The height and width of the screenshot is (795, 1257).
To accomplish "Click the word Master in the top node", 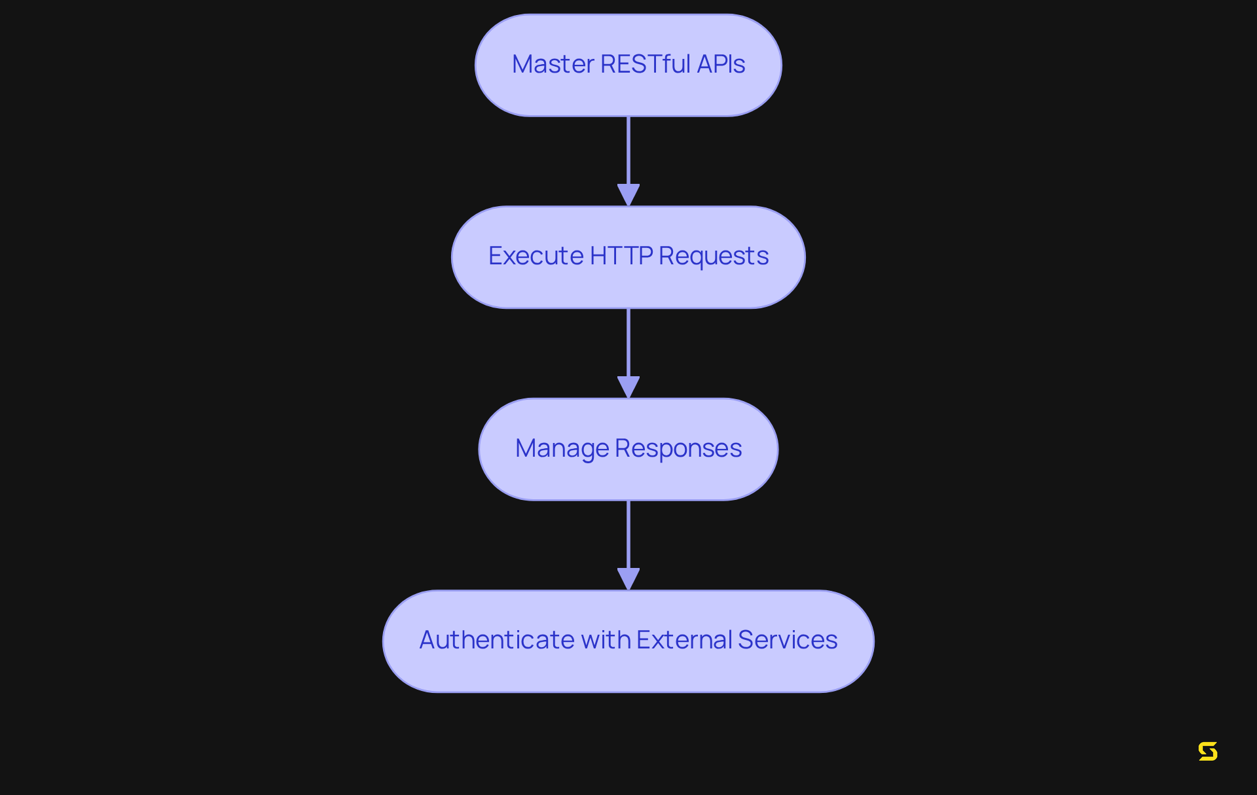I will click(553, 64).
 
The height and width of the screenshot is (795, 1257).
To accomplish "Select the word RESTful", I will click(645, 64).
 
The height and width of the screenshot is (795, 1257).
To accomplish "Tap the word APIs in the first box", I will click(720, 64).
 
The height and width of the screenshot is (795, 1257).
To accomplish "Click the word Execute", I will click(536, 256).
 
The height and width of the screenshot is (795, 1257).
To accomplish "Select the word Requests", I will click(713, 256).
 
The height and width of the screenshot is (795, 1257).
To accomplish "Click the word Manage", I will click(562, 448).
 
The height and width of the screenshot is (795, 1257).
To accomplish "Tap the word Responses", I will click(678, 448).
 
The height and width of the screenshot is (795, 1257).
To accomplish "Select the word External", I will click(683, 640).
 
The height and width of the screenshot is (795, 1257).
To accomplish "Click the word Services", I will click(787, 640).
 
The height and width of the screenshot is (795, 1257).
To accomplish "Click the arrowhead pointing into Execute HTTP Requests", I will click(628, 195).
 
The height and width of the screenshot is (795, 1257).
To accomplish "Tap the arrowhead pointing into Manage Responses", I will click(628, 387).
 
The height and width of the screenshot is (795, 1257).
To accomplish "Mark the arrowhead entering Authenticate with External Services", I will click(628, 578).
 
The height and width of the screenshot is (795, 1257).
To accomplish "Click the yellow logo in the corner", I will click(1208, 751).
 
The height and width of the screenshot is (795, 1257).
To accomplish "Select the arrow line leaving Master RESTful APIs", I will click(628, 150).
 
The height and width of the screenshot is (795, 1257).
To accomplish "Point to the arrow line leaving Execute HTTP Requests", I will click(628, 342).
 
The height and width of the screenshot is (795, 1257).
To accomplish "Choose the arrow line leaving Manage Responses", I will click(628, 534).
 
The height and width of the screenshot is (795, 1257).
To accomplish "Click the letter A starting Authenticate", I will click(428, 640).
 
